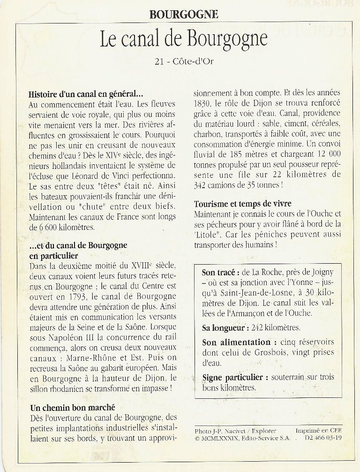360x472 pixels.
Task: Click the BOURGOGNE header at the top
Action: coord(184,14)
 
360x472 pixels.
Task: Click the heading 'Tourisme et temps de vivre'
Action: coord(242,204)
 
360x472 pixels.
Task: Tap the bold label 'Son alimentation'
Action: coord(236,343)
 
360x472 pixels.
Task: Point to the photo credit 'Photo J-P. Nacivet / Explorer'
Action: coord(235,431)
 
